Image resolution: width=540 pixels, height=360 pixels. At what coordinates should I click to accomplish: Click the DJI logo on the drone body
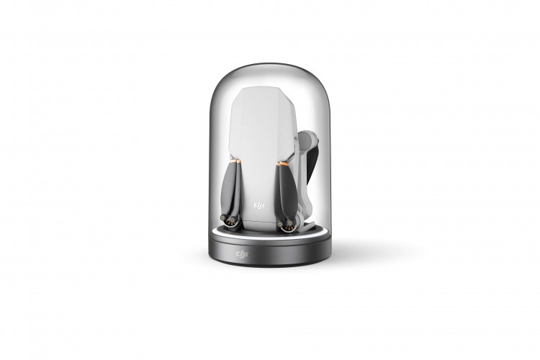258,206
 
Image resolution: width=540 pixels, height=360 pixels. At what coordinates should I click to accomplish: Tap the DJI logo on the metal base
242,254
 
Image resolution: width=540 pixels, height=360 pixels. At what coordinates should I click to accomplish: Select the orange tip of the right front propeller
283,163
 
